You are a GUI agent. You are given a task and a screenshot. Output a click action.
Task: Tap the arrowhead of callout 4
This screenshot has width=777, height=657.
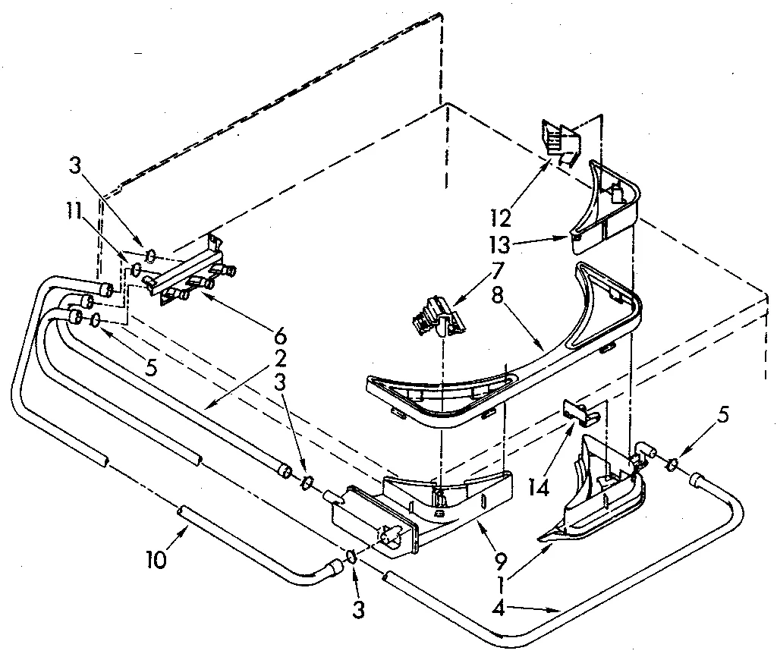(558, 609)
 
